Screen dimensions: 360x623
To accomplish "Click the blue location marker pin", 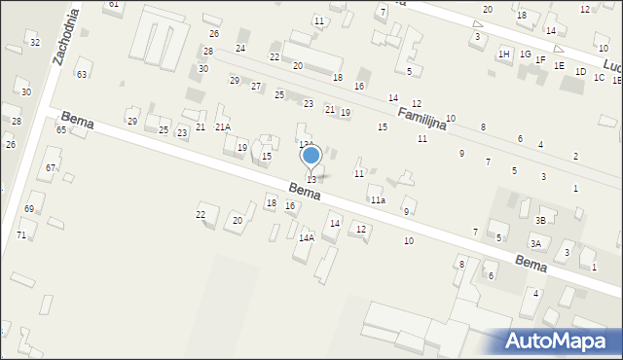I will (x=311, y=156).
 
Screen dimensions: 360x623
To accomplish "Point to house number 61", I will (x=114, y=5).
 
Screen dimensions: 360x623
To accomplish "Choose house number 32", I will (x=34, y=43).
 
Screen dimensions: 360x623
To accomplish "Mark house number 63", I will (x=83, y=74).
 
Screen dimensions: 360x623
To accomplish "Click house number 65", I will (x=61, y=129).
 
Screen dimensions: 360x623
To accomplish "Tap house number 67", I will (x=51, y=167).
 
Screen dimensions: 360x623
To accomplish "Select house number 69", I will (x=29, y=209).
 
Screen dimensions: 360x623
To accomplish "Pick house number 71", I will (x=21, y=235).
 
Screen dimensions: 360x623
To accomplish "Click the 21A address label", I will (x=223, y=127).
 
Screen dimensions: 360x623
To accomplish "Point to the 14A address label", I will (x=307, y=237).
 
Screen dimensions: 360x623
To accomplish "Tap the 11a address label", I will (x=377, y=200).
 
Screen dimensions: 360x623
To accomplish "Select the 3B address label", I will (x=540, y=221).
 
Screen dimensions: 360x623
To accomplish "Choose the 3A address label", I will (x=535, y=244).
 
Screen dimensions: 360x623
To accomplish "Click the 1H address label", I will (x=504, y=54).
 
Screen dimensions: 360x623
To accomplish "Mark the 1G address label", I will (x=526, y=54).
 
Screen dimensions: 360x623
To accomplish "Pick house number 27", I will (x=256, y=87).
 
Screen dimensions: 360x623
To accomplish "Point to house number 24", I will (x=240, y=48).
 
